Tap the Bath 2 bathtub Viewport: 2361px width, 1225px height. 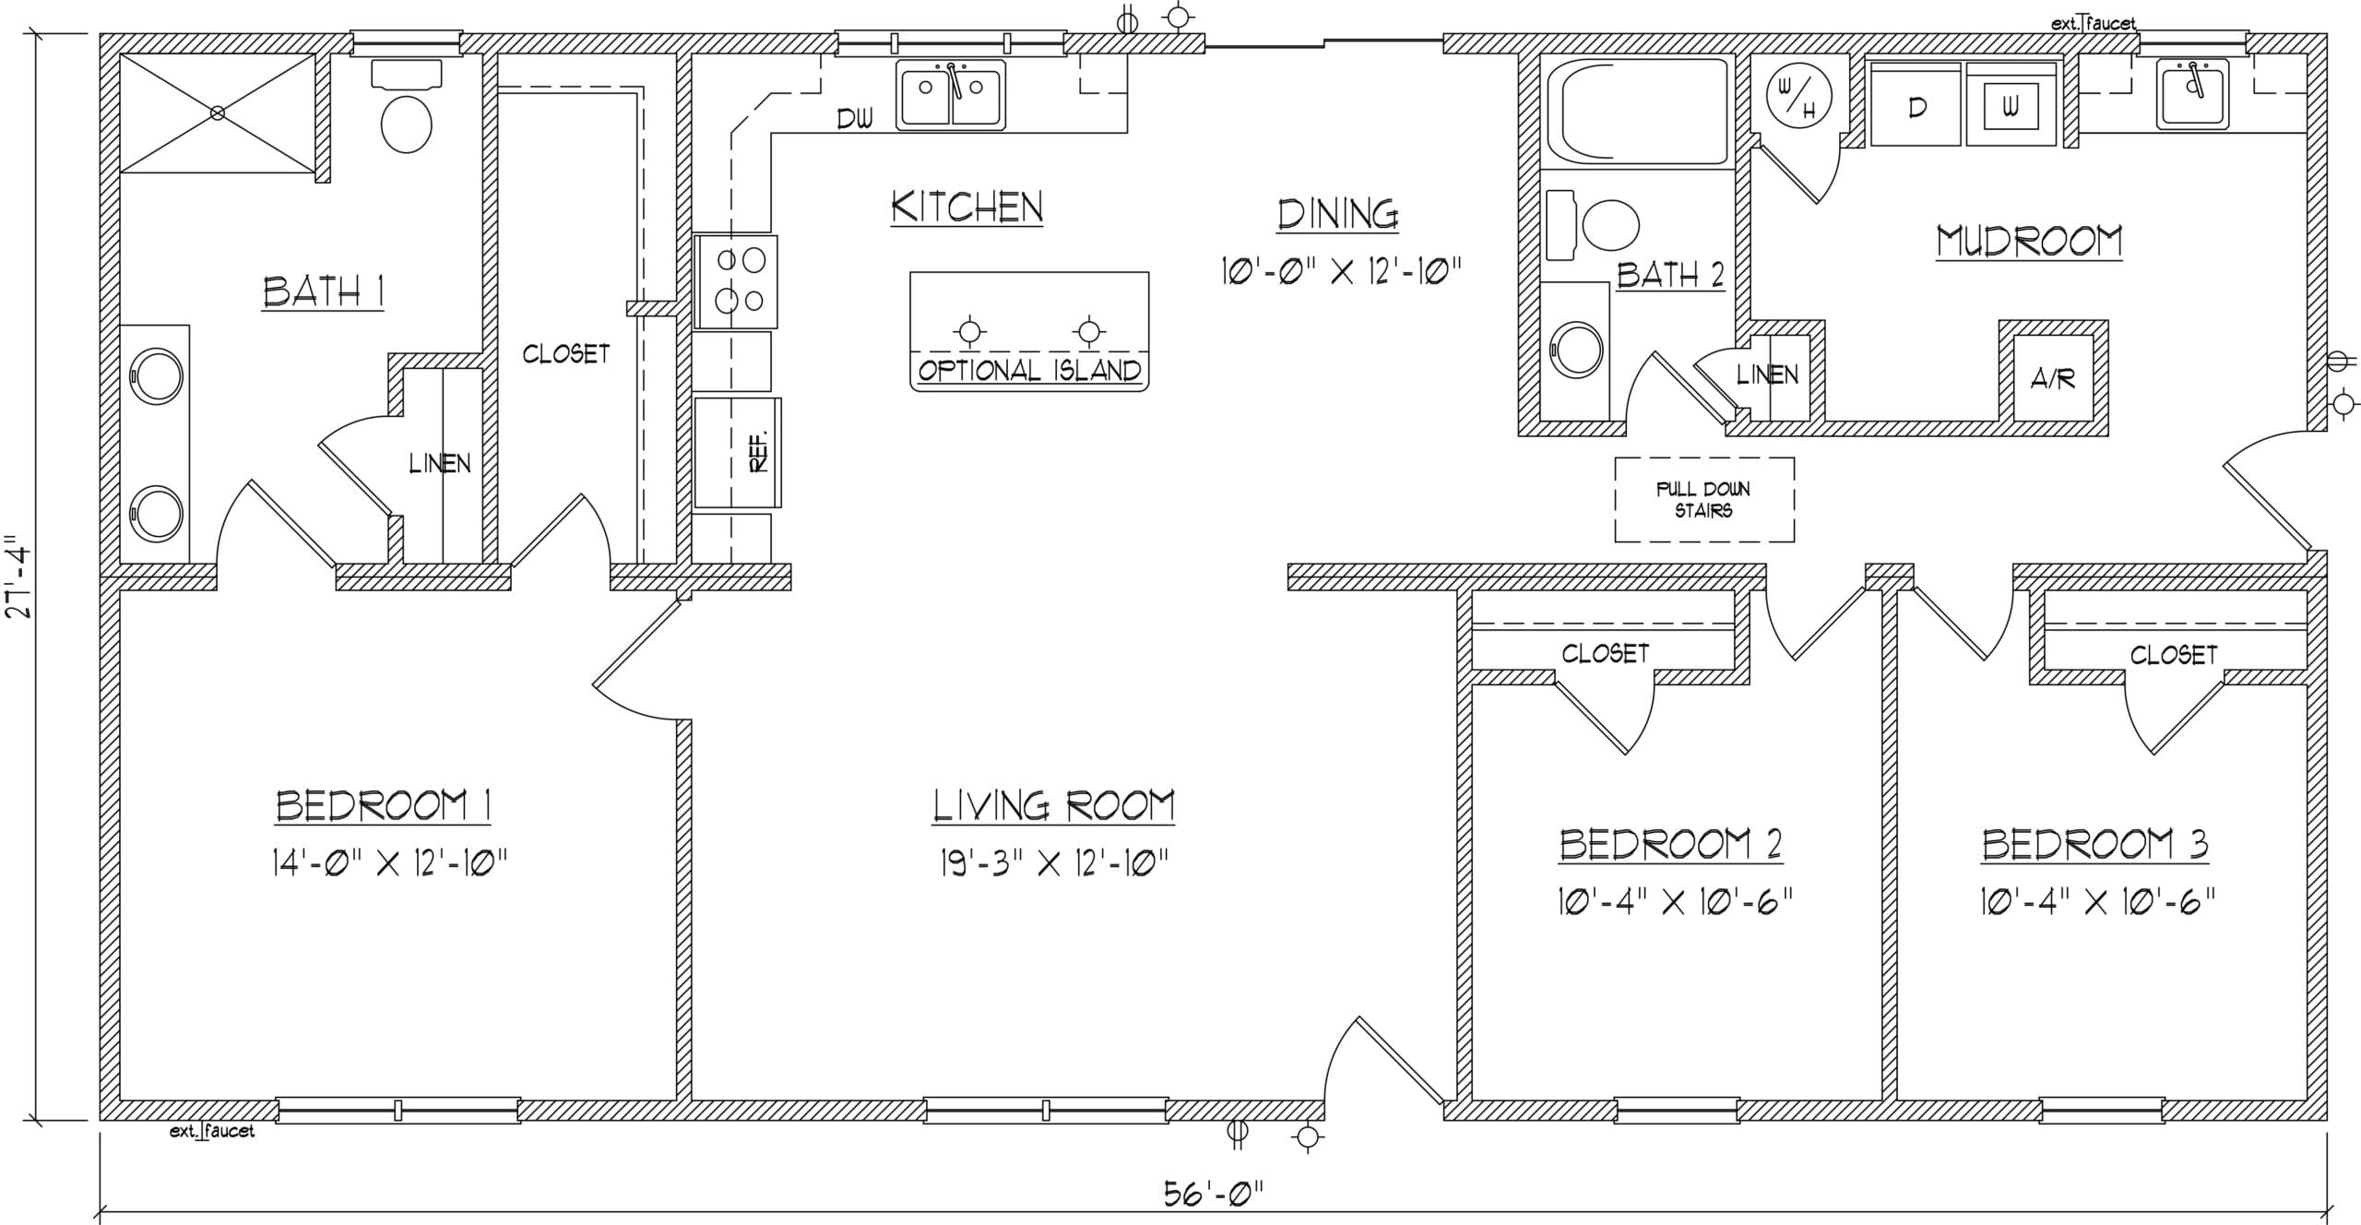coord(1637,112)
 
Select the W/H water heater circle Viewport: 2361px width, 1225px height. coord(1797,94)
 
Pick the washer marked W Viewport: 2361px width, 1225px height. coord(2011,104)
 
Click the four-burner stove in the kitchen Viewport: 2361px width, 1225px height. coord(736,281)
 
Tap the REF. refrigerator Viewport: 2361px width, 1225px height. coord(738,452)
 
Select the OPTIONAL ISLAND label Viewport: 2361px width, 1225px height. coord(1029,371)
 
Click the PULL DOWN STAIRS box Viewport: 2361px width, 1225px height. coord(1704,499)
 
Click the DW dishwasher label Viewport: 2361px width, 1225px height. coord(854,118)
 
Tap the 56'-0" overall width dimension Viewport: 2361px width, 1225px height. coord(1213,1195)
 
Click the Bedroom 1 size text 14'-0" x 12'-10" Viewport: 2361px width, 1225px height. coord(389,863)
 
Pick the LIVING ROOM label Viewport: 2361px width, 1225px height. coord(1053,805)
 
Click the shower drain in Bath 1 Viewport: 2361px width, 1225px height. coord(218,113)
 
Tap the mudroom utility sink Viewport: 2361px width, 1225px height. coord(2192,94)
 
